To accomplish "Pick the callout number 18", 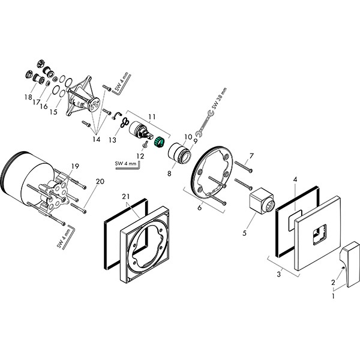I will [28, 97].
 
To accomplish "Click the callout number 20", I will [99, 181].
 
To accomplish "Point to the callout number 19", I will [75, 166].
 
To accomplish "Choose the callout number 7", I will [251, 156].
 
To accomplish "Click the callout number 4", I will [295, 179].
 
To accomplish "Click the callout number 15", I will [53, 112].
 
